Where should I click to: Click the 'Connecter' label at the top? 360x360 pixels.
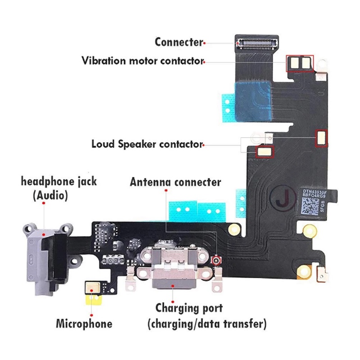pos(178,42)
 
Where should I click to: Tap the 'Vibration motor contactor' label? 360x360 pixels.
pos(143,61)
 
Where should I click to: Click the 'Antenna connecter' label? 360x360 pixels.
pos(175,182)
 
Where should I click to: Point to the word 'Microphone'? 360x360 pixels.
pos(84,323)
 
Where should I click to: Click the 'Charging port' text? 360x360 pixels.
pos(189,309)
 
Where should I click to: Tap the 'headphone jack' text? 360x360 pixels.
pos(59,182)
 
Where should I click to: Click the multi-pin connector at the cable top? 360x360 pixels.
pos(256,43)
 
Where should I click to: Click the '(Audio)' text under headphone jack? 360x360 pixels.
pos(50,196)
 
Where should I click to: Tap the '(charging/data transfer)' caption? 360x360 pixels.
pos(207,323)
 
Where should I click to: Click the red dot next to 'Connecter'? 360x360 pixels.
pos(205,43)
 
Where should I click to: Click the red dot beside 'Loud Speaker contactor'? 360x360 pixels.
pos(203,145)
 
